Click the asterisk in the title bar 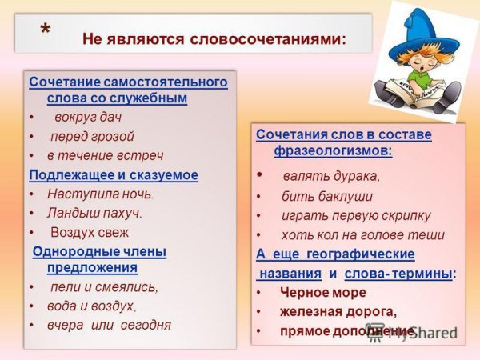46,29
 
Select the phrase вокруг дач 88,117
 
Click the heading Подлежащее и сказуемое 113,174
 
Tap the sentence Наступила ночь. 100,194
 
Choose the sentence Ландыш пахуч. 94,213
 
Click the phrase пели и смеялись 105,286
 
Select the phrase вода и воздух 92,306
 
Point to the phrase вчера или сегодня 109,325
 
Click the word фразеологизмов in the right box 324,150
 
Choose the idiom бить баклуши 327,196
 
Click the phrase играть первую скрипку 356,215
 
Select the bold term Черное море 322,293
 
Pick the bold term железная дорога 338,311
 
